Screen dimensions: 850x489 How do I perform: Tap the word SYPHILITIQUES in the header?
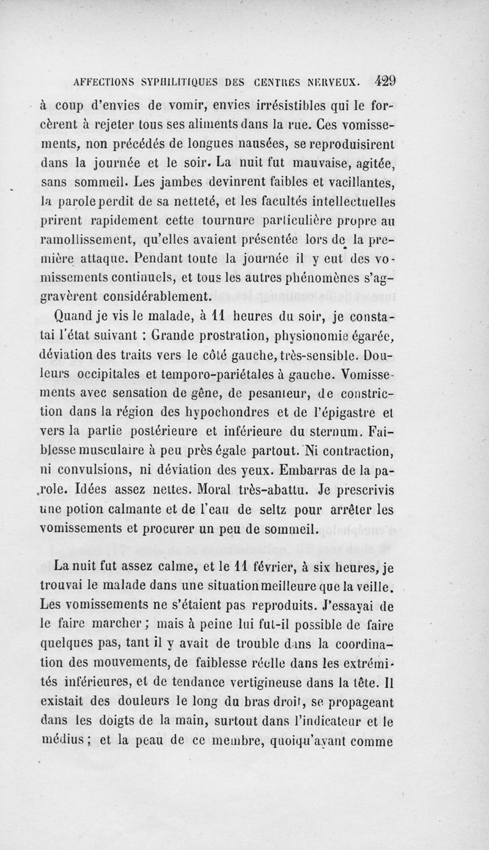[x=194, y=80]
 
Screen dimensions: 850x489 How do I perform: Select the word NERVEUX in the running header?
[x=333, y=80]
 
